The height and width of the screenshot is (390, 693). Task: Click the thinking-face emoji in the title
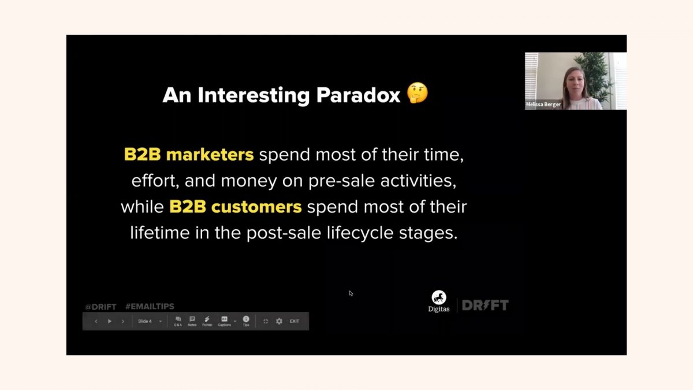(418, 93)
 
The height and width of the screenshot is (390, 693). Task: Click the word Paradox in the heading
(358, 95)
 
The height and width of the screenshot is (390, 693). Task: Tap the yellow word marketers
(210, 154)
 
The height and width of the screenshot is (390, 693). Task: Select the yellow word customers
(256, 207)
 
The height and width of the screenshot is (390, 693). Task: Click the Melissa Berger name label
(543, 105)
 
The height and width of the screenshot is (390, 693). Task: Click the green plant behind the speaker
(594, 75)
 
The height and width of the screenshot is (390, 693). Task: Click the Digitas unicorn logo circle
(439, 298)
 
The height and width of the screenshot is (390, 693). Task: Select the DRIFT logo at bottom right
(485, 305)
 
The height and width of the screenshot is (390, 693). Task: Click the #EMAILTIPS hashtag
(150, 306)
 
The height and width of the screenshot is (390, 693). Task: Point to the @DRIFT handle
(100, 307)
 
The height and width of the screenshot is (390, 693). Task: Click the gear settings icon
(279, 321)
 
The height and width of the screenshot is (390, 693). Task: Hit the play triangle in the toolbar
(110, 321)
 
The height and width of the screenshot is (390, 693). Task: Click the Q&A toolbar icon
(178, 321)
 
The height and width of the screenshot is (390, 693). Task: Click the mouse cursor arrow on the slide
(351, 293)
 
